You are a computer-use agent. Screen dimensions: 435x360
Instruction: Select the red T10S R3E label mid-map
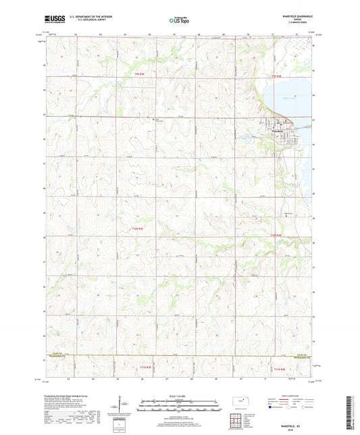[x=136, y=229]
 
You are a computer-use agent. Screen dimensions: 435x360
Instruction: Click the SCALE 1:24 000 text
[x=180, y=394]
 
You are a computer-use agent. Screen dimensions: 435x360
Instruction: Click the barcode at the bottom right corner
[x=352, y=413]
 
